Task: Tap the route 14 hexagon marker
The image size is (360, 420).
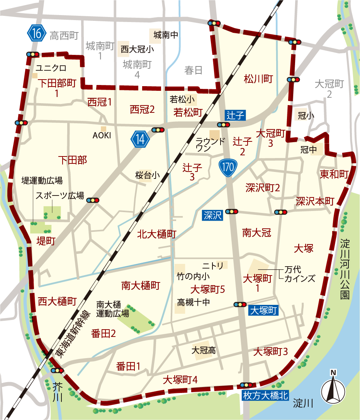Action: click(x=140, y=139)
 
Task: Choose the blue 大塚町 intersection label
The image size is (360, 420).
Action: click(x=263, y=310)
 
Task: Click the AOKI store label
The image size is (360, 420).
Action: click(x=102, y=135)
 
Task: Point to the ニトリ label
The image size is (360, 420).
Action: click(x=213, y=265)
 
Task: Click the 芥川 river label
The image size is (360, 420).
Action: click(x=57, y=391)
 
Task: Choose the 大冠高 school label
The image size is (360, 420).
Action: click(x=204, y=350)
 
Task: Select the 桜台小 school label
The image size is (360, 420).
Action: click(x=147, y=175)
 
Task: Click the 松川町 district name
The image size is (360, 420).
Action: click(x=258, y=79)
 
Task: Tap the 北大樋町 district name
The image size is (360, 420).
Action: click(x=156, y=234)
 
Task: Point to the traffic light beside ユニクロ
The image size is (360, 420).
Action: click(x=32, y=54)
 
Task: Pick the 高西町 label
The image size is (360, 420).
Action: click(x=64, y=36)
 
